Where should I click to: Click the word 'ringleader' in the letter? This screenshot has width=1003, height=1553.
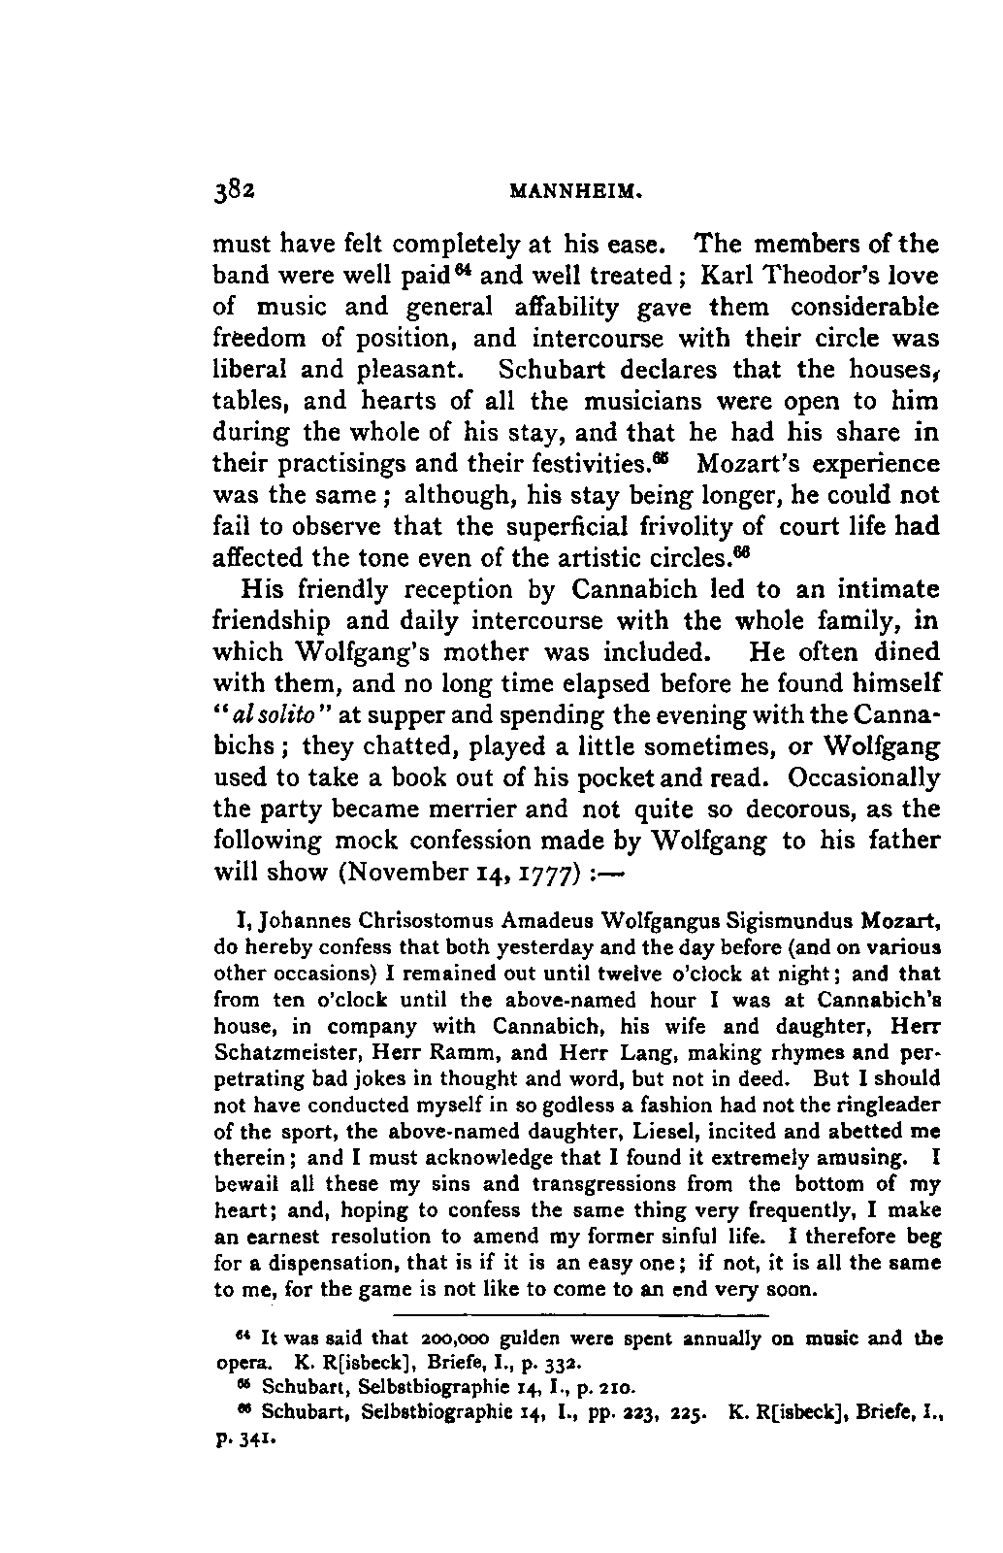890,1105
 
